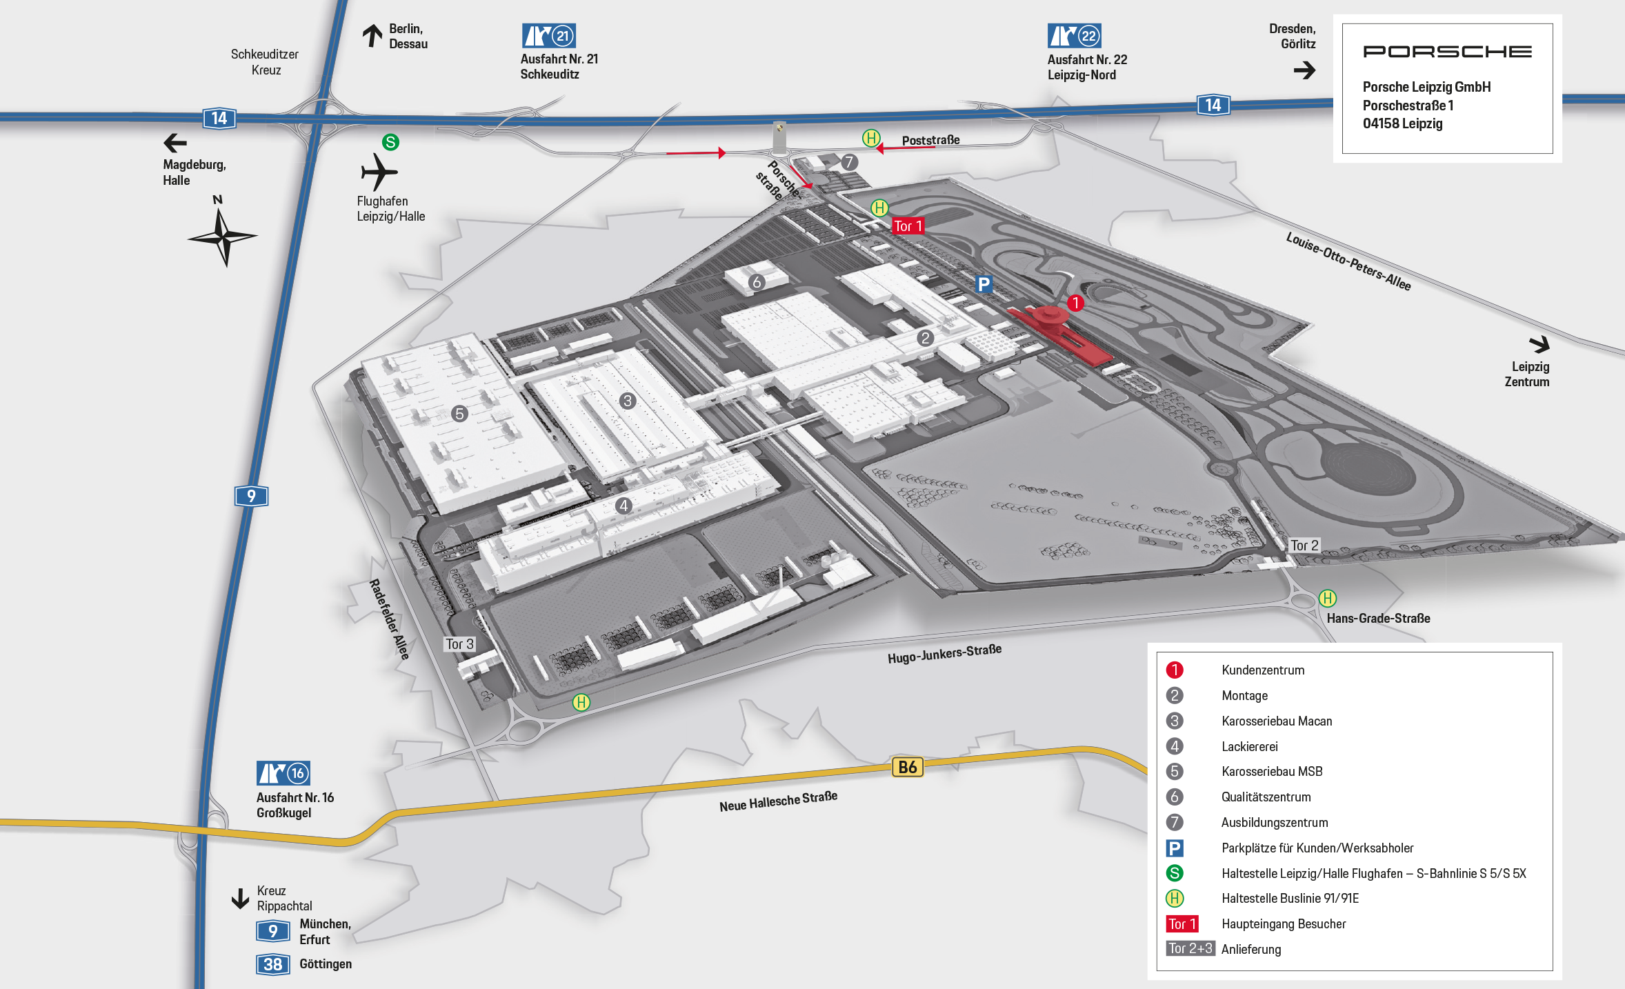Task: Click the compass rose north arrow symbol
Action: [221, 237]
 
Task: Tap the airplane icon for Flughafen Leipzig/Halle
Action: [379, 172]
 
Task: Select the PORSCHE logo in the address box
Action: [1447, 52]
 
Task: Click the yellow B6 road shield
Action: [908, 767]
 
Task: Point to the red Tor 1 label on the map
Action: [908, 226]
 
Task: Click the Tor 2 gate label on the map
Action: [1304, 546]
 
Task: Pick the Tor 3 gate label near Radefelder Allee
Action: [459, 644]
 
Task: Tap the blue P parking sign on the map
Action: [984, 284]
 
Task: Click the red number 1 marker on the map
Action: [1075, 303]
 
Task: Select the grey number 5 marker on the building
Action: [459, 414]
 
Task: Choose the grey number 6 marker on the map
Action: [757, 282]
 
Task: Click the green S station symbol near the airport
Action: [390, 142]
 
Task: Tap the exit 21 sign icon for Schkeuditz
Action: [548, 36]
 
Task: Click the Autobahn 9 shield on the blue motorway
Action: [251, 496]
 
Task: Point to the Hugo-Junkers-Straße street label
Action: [944, 653]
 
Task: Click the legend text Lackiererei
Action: [1250, 746]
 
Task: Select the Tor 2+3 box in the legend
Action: [1190, 948]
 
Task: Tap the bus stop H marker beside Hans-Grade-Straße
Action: [1328, 598]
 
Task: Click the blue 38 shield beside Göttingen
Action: [272, 964]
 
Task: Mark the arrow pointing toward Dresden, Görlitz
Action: [1305, 70]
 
